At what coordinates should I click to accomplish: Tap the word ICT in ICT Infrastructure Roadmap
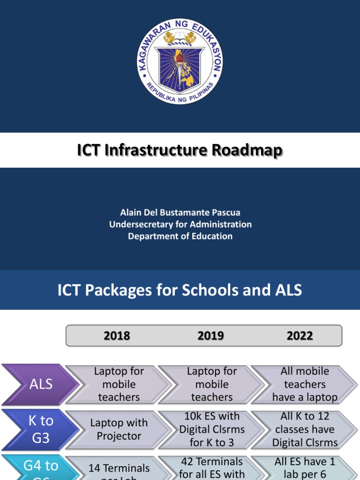[89, 150]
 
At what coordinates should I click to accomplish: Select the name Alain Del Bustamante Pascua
[180, 212]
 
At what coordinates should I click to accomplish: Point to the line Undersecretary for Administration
[180, 225]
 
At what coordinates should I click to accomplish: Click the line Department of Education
[180, 236]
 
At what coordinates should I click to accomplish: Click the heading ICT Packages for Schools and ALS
[180, 290]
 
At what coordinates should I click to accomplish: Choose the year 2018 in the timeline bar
[117, 336]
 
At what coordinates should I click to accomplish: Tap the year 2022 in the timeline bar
[300, 336]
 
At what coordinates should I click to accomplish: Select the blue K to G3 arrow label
[40, 429]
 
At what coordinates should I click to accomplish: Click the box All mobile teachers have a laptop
[305, 384]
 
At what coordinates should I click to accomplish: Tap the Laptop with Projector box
[119, 429]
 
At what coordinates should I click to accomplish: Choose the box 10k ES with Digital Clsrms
[211, 429]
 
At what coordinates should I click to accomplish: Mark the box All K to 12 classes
[305, 429]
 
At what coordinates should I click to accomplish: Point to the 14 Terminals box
[119, 469]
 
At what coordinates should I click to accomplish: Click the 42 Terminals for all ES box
[211, 468]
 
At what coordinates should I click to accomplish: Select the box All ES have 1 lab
[305, 468]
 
